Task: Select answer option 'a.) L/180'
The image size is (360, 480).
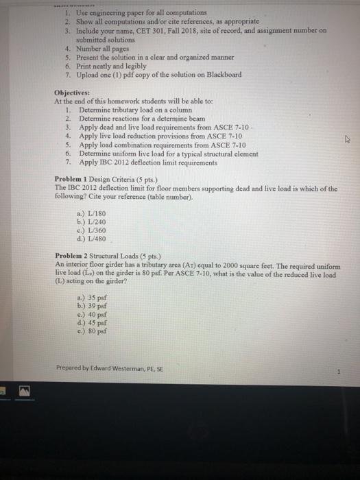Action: (x=93, y=213)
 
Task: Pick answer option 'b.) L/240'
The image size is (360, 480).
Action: (x=93, y=221)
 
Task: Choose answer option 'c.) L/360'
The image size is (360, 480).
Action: (x=93, y=230)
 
